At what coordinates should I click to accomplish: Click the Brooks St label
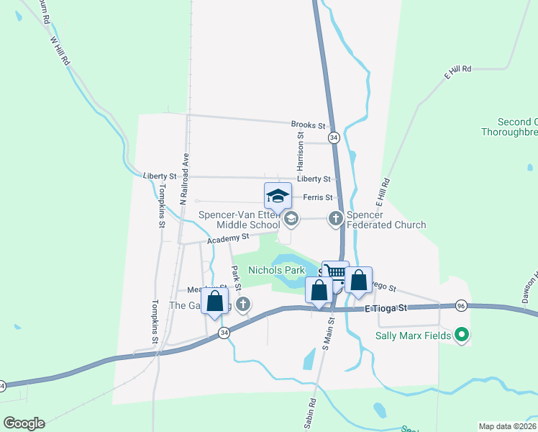pyautogui.click(x=309, y=124)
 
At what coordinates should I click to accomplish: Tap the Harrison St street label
pyautogui.click(x=301, y=149)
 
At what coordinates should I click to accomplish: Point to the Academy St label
pyautogui.click(x=228, y=237)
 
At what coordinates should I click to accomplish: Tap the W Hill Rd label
pyautogui.click(x=59, y=52)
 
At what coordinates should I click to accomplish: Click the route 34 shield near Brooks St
pyautogui.click(x=333, y=137)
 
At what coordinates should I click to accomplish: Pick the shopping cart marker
pyautogui.click(x=335, y=273)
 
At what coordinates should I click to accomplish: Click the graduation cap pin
pyautogui.click(x=278, y=196)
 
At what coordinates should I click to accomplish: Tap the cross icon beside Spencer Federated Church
pyautogui.click(x=335, y=218)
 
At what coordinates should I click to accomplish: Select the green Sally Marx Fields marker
pyautogui.click(x=463, y=335)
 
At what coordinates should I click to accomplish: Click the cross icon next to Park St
pyautogui.click(x=243, y=305)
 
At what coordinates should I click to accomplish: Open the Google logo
pyautogui.click(x=24, y=423)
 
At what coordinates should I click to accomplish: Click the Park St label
pyautogui.click(x=234, y=274)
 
